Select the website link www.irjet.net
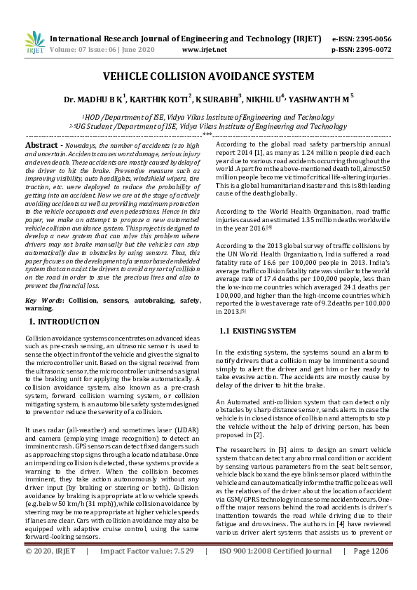204,50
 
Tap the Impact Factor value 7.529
182,571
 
